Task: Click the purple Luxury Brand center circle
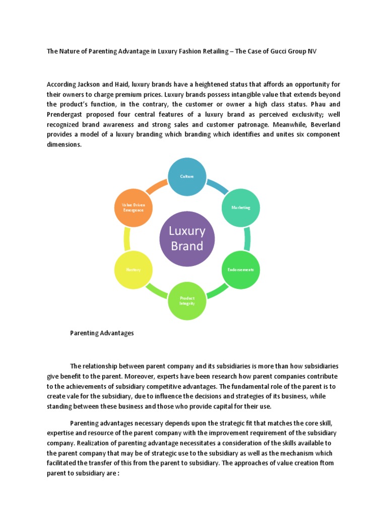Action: [187, 238]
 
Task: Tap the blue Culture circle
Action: [187, 176]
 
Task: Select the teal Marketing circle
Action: [240, 207]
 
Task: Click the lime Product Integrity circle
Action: [187, 300]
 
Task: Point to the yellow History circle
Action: [134, 269]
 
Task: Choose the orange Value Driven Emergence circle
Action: [134, 207]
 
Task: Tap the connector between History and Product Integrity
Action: [157, 291]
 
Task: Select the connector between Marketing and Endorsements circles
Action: [247, 238]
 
